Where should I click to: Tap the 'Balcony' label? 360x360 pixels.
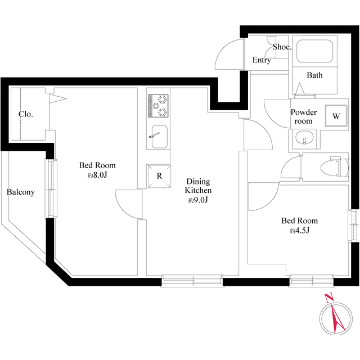pyautogui.click(x=21, y=192)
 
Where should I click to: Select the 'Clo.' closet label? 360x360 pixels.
pyautogui.click(x=25, y=114)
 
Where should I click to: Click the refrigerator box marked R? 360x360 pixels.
pyautogui.click(x=159, y=175)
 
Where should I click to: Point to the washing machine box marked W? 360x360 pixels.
pyautogui.click(x=336, y=117)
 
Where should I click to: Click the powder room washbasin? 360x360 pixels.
pyautogui.click(x=304, y=138)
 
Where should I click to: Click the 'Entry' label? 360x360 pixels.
pyautogui.click(x=262, y=60)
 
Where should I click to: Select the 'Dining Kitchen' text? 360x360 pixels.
pyautogui.click(x=199, y=186)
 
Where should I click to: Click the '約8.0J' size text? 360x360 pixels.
pyautogui.click(x=97, y=175)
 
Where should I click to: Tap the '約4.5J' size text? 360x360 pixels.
pyautogui.click(x=299, y=231)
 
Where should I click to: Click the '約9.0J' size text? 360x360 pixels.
pyautogui.click(x=199, y=201)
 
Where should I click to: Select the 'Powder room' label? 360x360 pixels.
pyautogui.click(x=304, y=116)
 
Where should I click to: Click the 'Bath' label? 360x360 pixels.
pyautogui.click(x=314, y=75)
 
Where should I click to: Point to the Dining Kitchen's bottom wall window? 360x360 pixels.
pyautogui.click(x=192, y=280)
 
